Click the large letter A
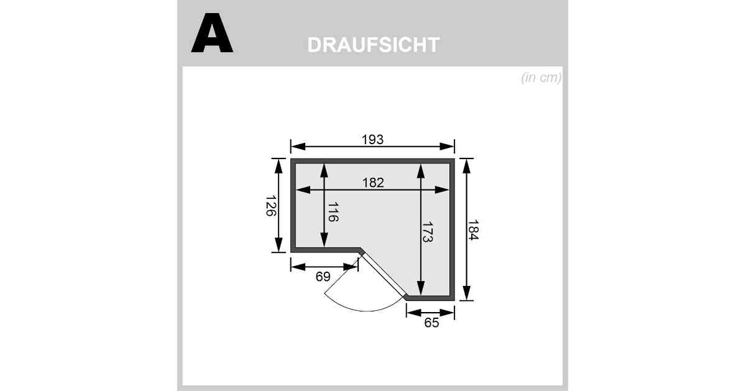212,33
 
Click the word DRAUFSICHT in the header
374,45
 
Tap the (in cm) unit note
541,78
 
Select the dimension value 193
372,139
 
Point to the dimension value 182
373,183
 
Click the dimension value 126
271,206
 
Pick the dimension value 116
333,212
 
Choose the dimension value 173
427,232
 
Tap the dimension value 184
473,230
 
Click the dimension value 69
323,277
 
